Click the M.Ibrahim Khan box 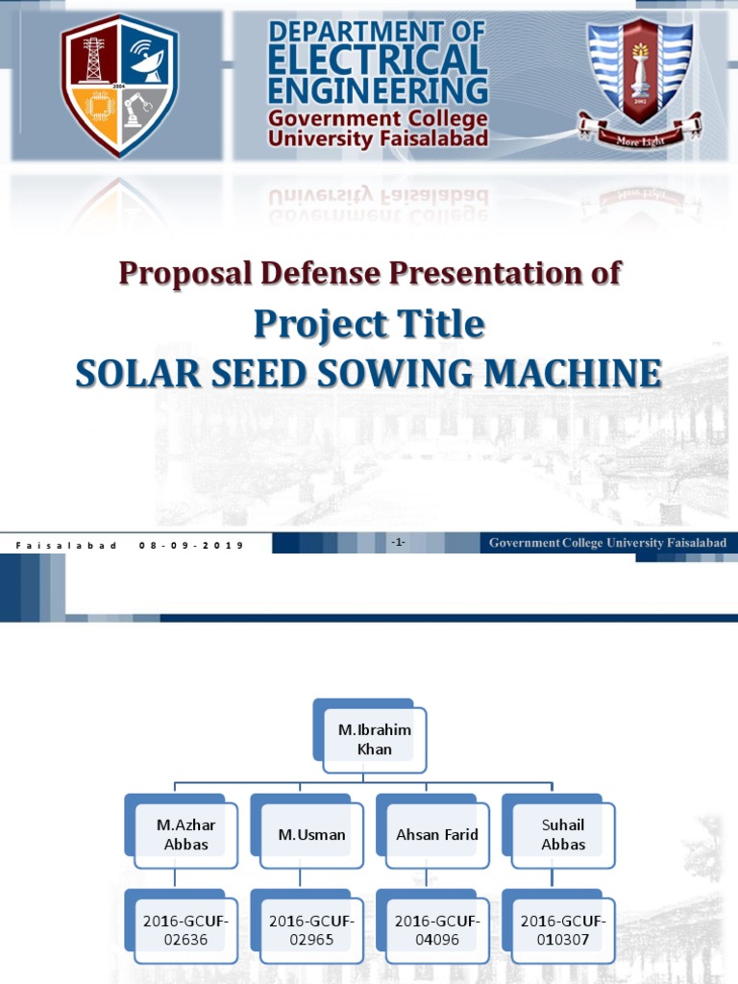pos(374,740)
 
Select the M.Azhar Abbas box pos(185,834)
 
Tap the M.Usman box pos(311,834)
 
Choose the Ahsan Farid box pos(436,834)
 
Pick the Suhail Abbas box pos(562,834)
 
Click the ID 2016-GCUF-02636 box pos(185,930)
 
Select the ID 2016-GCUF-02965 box pos(311,930)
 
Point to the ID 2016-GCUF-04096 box pos(436,930)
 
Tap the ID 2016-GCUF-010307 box pos(562,930)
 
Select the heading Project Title pos(369,324)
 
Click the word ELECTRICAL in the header pos(378,62)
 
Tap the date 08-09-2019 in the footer pos(190,545)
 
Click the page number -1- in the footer pos(398,543)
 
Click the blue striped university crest pos(639,72)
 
